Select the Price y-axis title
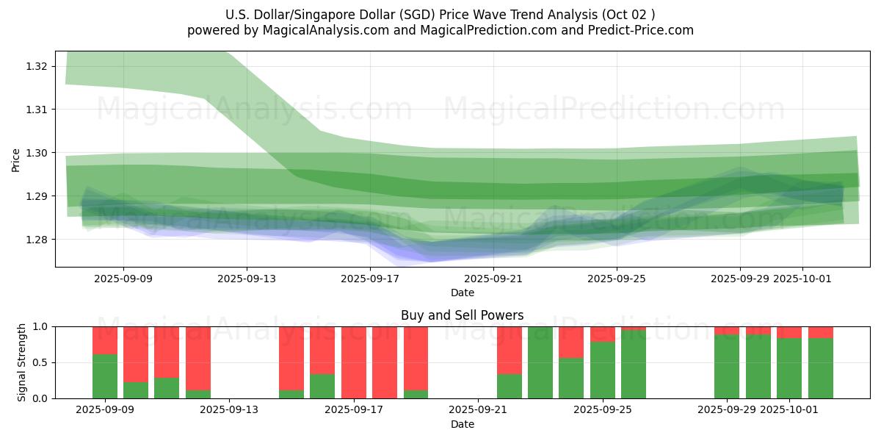[16, 159]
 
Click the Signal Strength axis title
[22, 362]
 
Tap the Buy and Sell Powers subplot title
[462, 315]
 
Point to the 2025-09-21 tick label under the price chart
[493, 279]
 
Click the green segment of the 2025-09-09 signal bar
[105, 376]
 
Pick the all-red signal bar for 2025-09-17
[354, 362]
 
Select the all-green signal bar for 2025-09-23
[540, 362]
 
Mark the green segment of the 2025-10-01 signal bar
[789, 368]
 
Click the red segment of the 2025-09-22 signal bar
[510, 350]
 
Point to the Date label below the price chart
[462, 293]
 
